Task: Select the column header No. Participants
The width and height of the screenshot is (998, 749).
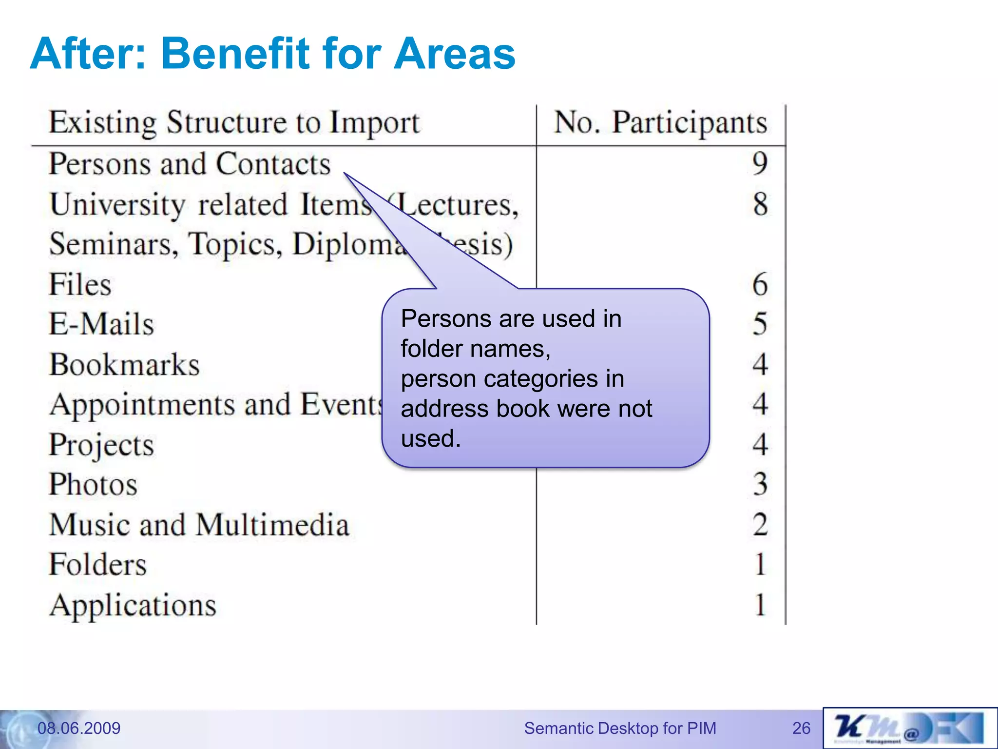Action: pos(660,122)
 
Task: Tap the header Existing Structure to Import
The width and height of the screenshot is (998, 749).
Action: pos(234,122)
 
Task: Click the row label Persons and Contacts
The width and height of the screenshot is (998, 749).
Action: pos(190,164)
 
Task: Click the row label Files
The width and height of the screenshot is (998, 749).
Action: pos(80,285)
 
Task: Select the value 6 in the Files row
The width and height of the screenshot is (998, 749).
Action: pos(760,284)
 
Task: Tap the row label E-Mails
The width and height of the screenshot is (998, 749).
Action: pos(101,324)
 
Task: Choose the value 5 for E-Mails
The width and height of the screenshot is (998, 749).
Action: pos(760,324)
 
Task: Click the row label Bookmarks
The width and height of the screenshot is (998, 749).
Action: pos(125,365)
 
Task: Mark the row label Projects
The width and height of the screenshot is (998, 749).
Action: pos(101,445)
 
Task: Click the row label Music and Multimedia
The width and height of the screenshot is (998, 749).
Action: pos(199,525)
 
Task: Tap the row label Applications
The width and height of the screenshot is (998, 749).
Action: pos(133,606)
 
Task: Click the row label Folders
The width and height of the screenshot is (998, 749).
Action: pos(98,565)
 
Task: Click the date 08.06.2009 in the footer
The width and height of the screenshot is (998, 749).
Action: pos(79,728)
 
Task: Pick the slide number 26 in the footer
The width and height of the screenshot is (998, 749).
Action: pos(801,728)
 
